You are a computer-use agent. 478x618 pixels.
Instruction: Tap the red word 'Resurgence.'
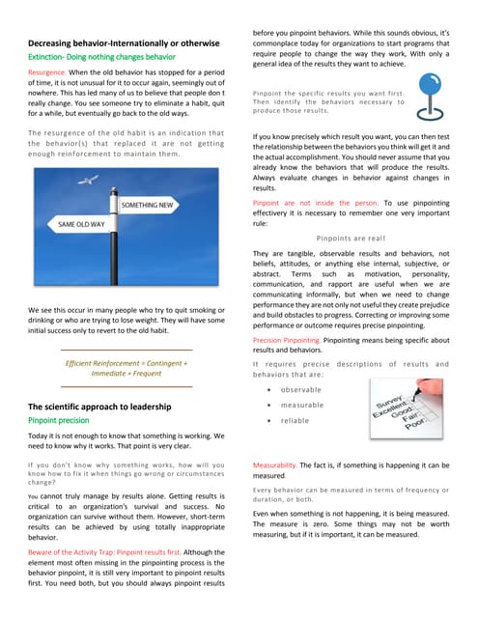46,73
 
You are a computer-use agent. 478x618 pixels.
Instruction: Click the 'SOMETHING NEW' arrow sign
148,206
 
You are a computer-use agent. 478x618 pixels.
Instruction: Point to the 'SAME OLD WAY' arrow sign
86,224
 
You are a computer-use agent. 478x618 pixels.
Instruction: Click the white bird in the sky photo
91,180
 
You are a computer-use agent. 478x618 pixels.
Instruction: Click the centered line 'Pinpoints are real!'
351,238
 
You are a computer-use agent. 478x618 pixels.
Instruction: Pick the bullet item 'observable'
301,389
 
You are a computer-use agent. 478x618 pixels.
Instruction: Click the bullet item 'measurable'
302,406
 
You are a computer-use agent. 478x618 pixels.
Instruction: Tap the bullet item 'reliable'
295,421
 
